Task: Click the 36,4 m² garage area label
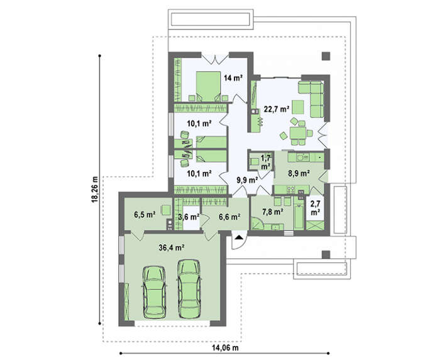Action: [x=171, y=248]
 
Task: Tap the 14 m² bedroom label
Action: [x=233, y=78]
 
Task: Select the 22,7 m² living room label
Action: [x=277, y=109]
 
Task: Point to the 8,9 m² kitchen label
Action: [x=299, y=174]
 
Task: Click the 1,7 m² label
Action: [x=266, y=162]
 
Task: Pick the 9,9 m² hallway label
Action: [x=247, y=181]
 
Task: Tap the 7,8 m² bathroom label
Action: [x=272, y=212]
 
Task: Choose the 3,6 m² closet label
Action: [x=189, y=217]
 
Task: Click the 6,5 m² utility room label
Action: [x=145, y=215]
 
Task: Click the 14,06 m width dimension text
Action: [x=225, y=348]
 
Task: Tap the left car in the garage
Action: [x=154, y=292]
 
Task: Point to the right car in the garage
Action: [x=189, y=289]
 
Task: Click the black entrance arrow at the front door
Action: [x=238, y=238]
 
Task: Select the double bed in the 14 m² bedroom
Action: [x=208, y=87]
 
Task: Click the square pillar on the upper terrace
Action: [x=326, y=57]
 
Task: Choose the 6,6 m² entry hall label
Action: [x=229, y=217]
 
